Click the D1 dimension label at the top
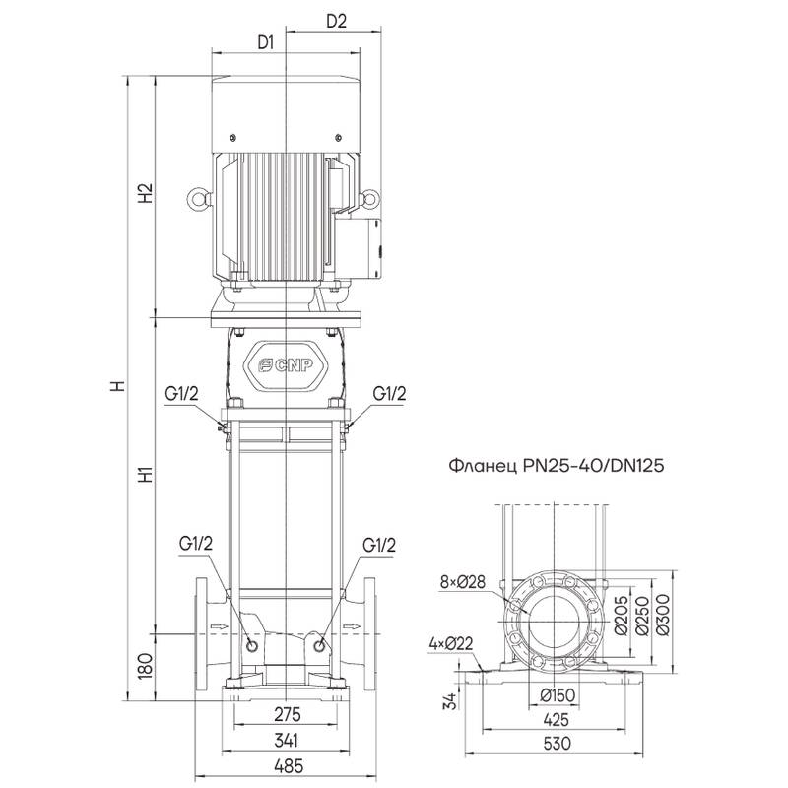[265, 42]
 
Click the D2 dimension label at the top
[336, 21]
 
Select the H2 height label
[146, 193]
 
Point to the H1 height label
[146, 474]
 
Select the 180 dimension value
[146, 666]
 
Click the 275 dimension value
[285, 714]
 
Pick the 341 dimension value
[285, 740]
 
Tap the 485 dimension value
[285, 765]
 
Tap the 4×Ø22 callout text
[452, 645]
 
